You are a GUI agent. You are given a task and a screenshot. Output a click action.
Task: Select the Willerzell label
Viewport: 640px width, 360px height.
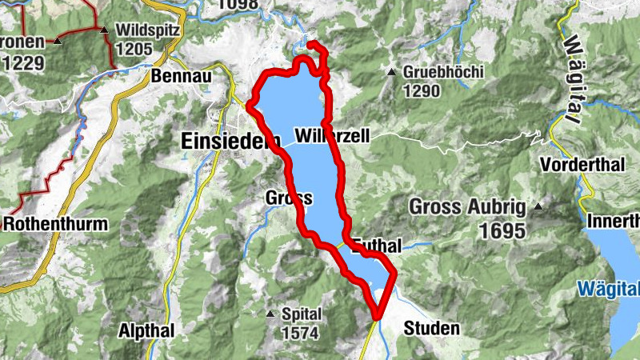point(333,137)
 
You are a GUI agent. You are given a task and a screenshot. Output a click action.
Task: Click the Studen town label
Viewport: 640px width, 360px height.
point(431,328)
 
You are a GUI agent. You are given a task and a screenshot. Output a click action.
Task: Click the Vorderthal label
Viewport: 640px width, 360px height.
point(581,166)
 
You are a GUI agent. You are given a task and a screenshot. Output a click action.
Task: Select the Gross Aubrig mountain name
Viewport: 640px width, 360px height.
point(467,208)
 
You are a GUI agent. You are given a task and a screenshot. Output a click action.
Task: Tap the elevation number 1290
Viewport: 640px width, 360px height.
point(421,90)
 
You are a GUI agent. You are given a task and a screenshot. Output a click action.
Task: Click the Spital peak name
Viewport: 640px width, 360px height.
point(301,314)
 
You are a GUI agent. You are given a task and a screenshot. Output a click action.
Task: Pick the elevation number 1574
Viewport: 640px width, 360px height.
point(299,332)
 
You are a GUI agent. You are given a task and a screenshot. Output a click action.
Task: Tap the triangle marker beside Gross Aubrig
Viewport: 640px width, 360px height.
point(538,207)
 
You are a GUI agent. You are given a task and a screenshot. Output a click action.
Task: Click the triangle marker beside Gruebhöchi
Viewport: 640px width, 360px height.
point(392,73)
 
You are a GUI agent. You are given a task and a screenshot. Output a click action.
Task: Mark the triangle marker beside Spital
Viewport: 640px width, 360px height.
point(270,314)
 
